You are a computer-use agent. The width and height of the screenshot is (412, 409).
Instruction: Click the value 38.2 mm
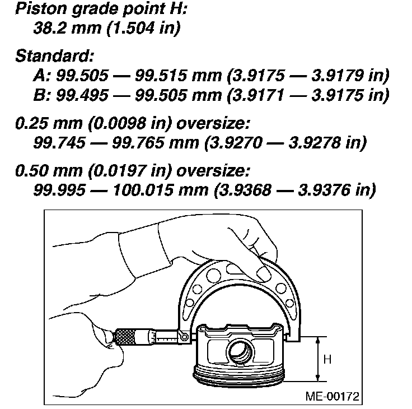(x=67, y=28)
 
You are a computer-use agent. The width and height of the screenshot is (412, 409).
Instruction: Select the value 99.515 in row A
(x=161, y=76)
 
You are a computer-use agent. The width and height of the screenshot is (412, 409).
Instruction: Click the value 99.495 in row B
(x=82, y=95)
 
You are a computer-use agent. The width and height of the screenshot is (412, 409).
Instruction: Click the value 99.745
(x=59, y=142)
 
